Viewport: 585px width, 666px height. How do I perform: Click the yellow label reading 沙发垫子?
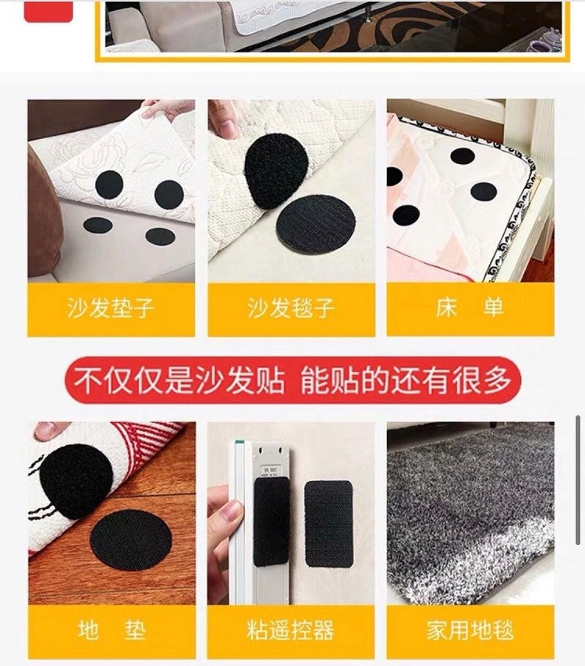(x=111, y=309)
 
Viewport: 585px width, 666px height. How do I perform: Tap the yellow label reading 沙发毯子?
(x=291, y=309)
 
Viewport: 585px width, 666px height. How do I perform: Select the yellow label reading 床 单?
(x=470, y=309)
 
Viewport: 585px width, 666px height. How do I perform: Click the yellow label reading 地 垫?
(x=112, y=632)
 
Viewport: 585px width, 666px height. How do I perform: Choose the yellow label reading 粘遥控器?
(x=291, y=632)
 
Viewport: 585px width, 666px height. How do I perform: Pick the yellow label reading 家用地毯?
(x=470, y=632)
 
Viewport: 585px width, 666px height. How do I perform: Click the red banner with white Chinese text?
(x=292, y=380)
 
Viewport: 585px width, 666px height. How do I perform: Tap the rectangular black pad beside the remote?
(x=329, y=523)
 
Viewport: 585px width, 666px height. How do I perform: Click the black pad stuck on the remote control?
(x=271, y=522)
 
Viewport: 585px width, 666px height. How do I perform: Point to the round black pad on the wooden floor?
(x=131, y=540)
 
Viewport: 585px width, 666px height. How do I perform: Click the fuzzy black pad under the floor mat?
(x=76, y=481)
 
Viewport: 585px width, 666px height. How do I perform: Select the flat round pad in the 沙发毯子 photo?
(x=316, y=223)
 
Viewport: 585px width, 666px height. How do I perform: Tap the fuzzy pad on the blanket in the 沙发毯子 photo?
(x=276, y=172)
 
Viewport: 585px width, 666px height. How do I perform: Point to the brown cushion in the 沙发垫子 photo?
(x=44, y=212)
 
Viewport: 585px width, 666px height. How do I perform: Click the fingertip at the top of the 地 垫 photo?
(x=50, y=431)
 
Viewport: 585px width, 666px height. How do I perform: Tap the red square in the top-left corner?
(x=48, y=11)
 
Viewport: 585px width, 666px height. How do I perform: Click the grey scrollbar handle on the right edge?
(x=578, y=480)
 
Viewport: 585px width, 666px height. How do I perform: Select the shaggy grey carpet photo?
(x=470, y=513)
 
